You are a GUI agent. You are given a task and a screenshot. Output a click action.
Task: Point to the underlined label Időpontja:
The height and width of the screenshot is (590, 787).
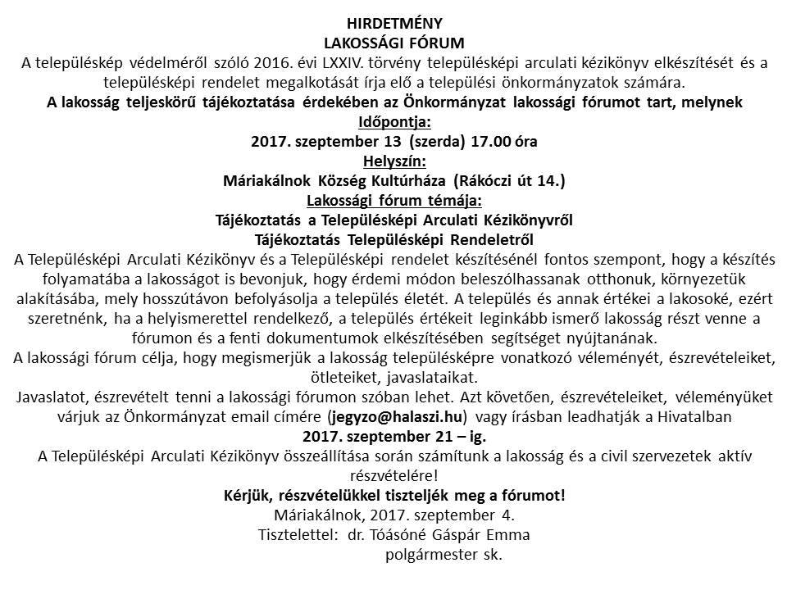coord(393,122)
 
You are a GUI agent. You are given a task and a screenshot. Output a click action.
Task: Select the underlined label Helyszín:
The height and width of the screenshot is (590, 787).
coord(393,160)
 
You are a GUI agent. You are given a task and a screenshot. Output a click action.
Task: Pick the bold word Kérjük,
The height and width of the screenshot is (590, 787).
coord(251,496)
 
